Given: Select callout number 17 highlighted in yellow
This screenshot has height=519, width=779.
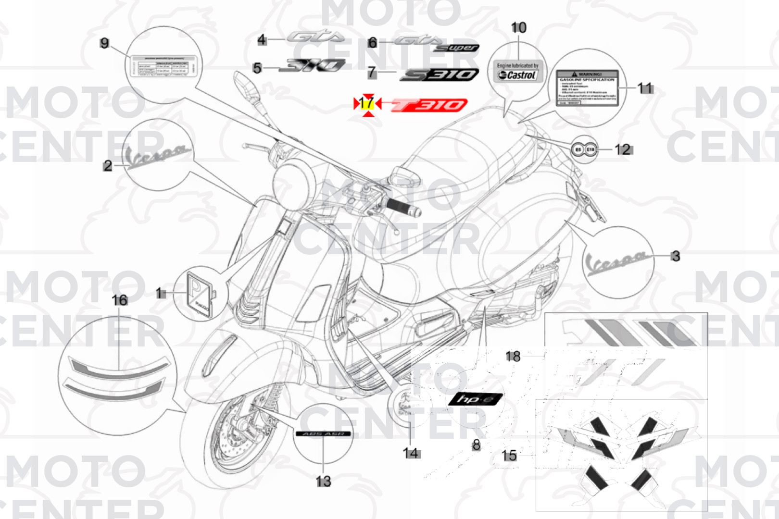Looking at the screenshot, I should pos(367,103).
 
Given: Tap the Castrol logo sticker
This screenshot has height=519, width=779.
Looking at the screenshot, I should pos(517,75).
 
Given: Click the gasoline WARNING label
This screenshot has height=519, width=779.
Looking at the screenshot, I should pos(587,88).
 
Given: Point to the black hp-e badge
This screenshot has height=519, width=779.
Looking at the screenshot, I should pos(475,399).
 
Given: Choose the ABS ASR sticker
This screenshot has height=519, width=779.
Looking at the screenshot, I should pos(323,434).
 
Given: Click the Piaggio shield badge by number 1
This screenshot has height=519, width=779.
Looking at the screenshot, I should pos(199,294).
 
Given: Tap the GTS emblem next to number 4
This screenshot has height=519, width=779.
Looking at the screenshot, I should pos(315,37).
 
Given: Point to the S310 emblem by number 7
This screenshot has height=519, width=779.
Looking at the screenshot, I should pos(440,74).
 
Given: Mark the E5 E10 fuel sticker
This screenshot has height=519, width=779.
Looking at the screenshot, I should pos(584,150).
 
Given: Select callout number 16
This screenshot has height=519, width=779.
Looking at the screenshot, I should pos(119,300).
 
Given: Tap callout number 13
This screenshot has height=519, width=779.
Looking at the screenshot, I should pos(323,481).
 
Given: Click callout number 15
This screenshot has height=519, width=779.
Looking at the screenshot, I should pos(509,455).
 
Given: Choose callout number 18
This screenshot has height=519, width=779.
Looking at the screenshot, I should pos(513,356).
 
